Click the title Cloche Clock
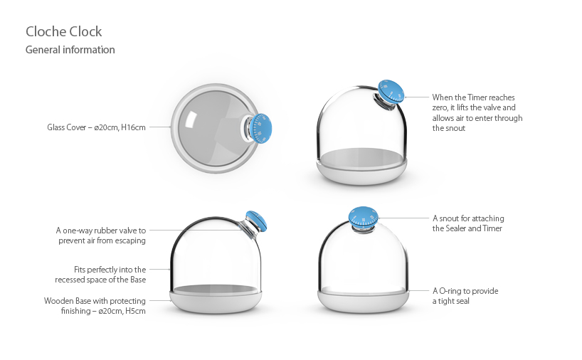pos(64,32)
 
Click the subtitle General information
pos(70,50)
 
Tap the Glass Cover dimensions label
pos(96,128)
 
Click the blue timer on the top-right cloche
pos(389,91)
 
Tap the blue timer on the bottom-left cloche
pos(256,221)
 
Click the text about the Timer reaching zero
pos(477,112)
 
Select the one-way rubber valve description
pos(101,235)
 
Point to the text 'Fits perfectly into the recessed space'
pos(110,275)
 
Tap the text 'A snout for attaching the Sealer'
pos(468,223)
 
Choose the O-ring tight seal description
pos(465,296)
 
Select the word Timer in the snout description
pos(491,228)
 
